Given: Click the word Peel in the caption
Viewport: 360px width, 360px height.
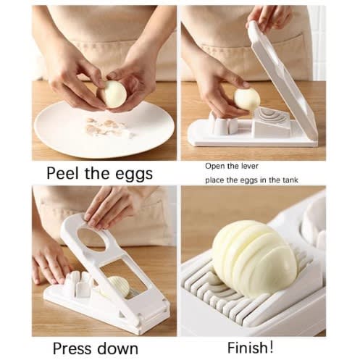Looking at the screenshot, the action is pyautogui.click(x=63, y=173).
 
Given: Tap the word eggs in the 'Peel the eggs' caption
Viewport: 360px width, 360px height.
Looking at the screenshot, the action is pyautogui.click(x=133, y=175).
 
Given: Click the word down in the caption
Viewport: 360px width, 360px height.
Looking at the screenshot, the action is pyautogui.click(x=117, y=348).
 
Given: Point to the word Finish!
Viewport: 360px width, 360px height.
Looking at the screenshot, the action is pyautogui.click(x=251, y=348).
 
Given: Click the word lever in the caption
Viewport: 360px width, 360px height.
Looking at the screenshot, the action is pyautogui.click(x=249, y=166).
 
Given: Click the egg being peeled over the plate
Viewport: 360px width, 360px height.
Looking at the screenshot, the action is pyautogui.click(x=112, y=94).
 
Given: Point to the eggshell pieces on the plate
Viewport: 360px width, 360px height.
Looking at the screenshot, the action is pyautogui.click(x=106, y=127).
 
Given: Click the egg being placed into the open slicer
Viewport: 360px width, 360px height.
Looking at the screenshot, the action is pyautogui.click(x=247, y=99).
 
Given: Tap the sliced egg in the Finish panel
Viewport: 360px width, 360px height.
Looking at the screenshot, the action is pyautogui.click(x=255, y=259).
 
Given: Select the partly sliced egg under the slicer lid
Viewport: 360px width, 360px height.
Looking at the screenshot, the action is pyautogui.click(x=117, y=288).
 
